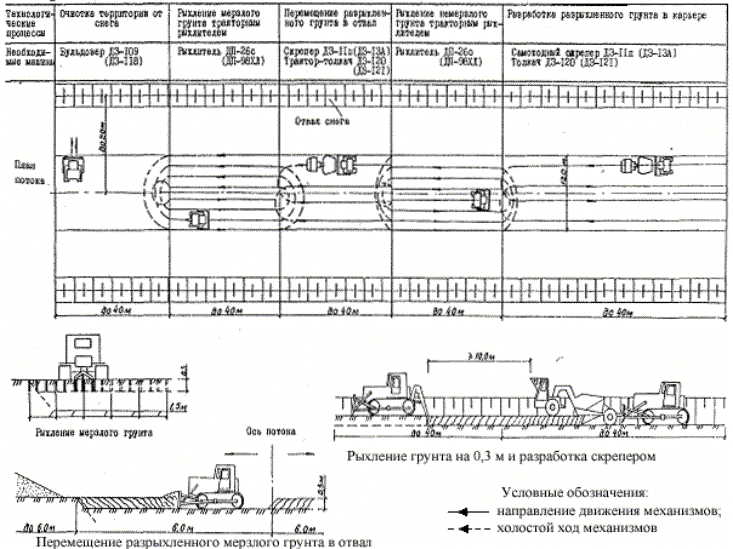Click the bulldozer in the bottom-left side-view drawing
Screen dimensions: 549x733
pos(209,486)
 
